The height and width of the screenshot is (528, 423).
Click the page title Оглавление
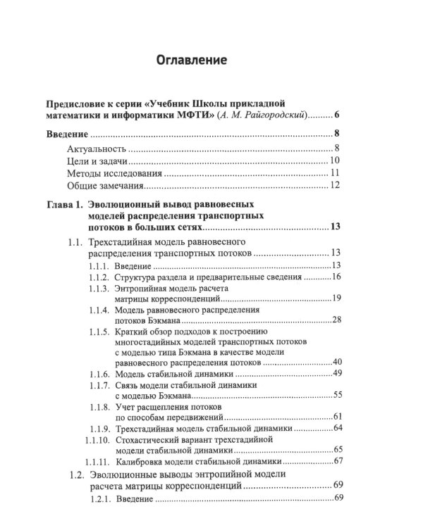click(x=191, y=61)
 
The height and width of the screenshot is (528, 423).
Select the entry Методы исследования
click(x=114, y=173)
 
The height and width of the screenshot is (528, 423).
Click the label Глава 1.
click(x=64, y=205)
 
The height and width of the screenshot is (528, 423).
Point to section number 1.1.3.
click(x=99, y=277)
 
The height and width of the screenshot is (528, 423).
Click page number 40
click(x=336, y=362)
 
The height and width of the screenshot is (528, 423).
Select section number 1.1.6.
click(x=99, y=373)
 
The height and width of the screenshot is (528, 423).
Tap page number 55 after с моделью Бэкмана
click(x=336, y=396)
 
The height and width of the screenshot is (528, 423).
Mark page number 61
click(x=336, y=417)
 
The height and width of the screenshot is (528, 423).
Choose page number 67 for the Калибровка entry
click(x=336, y=461)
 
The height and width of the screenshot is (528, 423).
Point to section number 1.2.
click(x=78, y=475)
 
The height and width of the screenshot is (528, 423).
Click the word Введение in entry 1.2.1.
click(x=131, y=499)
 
